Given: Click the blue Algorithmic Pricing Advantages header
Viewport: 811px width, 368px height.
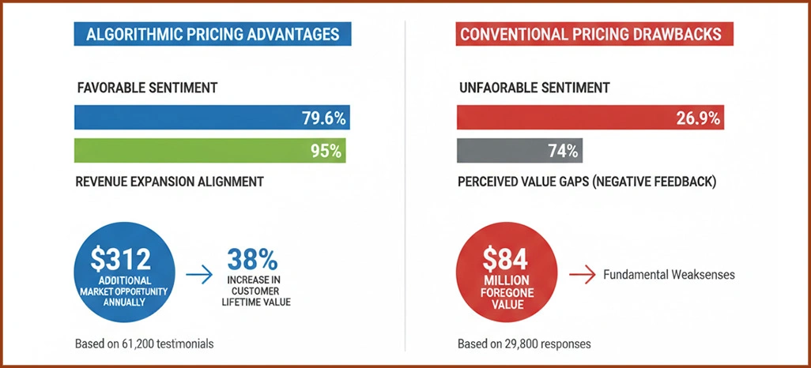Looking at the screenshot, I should [x=213, y=34].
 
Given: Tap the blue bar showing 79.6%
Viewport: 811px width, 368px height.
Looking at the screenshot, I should [x=212, y=118].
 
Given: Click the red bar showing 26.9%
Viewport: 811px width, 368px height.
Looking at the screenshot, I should [x=590, y=118].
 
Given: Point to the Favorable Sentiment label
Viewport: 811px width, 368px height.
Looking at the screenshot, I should [x=147, y=88].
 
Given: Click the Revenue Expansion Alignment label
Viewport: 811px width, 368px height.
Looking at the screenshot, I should [x=169, y=182].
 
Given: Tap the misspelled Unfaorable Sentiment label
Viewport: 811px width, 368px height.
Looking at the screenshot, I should [x=534, y=88].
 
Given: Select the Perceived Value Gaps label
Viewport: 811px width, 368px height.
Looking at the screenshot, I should [x=587, y=182].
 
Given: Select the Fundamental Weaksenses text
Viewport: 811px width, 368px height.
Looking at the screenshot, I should [x=669, y=276].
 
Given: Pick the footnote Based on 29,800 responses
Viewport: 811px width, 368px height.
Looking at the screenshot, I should [x=524, y=344].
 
